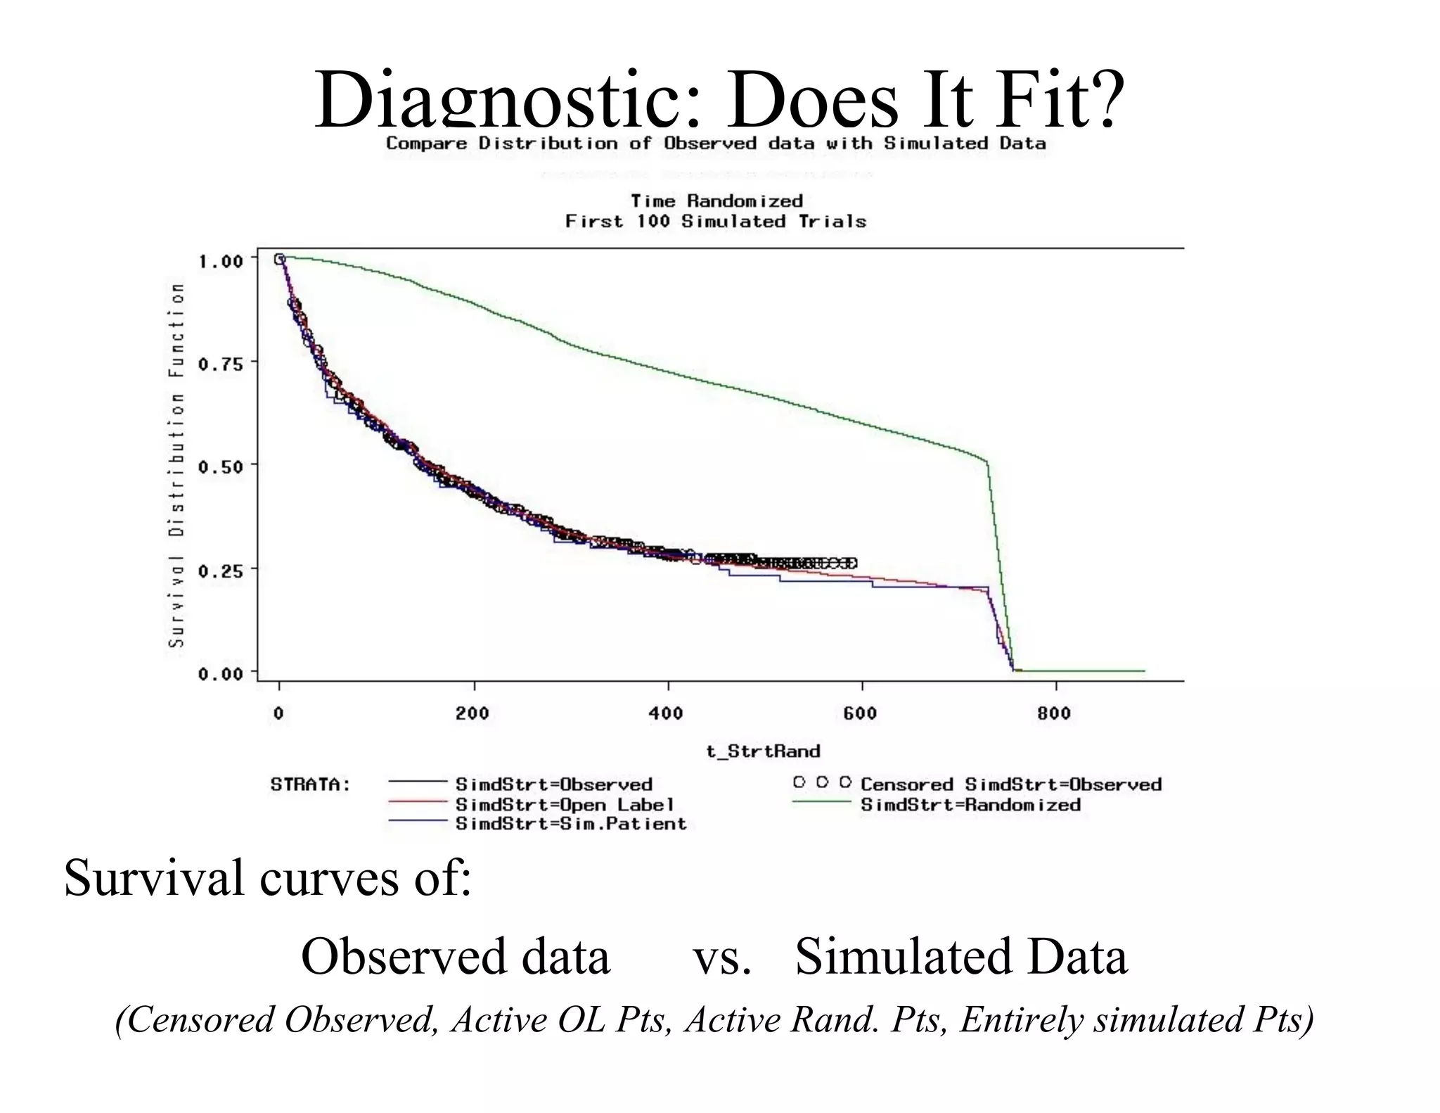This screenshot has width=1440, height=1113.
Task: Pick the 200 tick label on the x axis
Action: click(x=472, y=713)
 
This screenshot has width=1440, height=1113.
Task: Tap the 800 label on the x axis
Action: click(x=1054, y=713)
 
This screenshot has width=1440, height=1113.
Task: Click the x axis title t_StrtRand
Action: click(x=763, y=751)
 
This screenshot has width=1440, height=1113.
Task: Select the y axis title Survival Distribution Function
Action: click(x=176, y=464)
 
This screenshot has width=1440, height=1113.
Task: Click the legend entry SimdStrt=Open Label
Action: click(x=565, y=804)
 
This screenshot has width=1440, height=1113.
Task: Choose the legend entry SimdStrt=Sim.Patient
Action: click(x=571, y=824)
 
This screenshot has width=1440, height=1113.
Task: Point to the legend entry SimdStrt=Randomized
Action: click(x=970, y=804)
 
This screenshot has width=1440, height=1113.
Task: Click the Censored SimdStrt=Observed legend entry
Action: click(x=1010, y=784)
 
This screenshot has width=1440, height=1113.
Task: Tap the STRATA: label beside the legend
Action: click(x=310, y=784)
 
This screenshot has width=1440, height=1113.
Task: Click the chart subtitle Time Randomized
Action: click(x=716, y=201)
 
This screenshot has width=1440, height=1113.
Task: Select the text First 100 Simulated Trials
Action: click(x=716, y=222)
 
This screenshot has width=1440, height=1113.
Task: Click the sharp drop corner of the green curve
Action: click(x=987, y=462)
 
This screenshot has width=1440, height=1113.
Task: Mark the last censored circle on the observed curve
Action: click(x=852, y=563)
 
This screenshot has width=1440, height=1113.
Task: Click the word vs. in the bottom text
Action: click(x=722, y=957)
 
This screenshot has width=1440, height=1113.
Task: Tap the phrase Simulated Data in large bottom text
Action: click(x=961, y=957)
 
